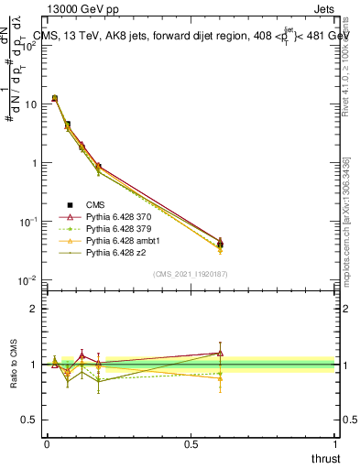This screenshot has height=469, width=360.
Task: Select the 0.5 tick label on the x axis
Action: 191,443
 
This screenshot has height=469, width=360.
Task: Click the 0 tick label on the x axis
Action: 47,443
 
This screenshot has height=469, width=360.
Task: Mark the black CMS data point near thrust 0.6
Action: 220,245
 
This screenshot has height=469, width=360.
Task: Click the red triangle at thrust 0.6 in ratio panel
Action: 220,353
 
